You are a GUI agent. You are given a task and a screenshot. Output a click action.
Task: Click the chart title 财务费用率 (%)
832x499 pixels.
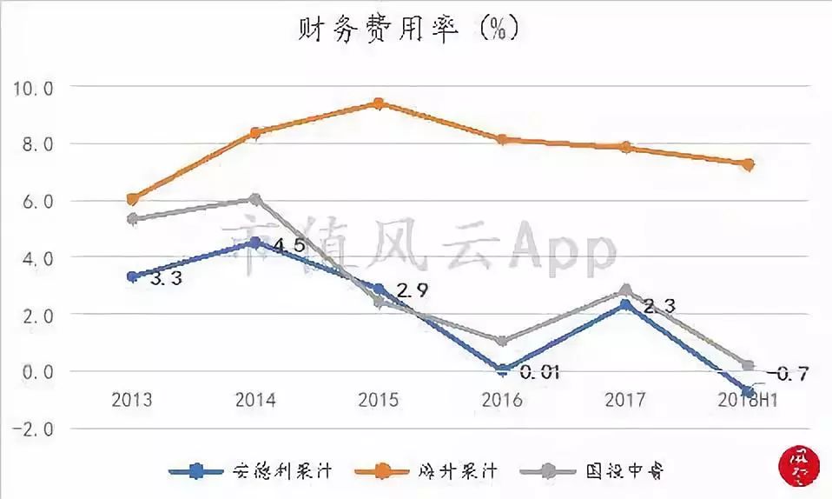coord(407,30)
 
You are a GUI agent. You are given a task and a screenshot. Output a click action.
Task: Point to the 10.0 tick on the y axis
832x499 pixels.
coord(32,88)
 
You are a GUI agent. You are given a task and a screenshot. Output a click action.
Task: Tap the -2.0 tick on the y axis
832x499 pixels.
coord(32,429)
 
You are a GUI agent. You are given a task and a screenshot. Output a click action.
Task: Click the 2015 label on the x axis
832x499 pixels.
coord(379,400)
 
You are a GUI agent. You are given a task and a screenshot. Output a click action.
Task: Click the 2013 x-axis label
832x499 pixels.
coord(132,400)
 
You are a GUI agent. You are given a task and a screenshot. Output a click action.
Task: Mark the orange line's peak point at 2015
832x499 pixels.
coord(379,104)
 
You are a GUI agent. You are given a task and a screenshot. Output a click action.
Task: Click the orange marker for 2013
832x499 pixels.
coord(132,199)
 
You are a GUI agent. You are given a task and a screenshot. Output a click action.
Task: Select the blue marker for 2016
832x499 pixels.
coord(502,369)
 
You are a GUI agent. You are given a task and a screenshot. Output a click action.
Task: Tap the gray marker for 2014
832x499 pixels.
coord(255,200)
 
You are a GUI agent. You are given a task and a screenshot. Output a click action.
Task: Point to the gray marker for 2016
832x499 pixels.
coord(502,341)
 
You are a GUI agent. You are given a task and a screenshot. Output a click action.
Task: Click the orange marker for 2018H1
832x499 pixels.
coord(748,163)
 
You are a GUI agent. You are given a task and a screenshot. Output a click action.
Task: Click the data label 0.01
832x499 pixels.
coord(539,373)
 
